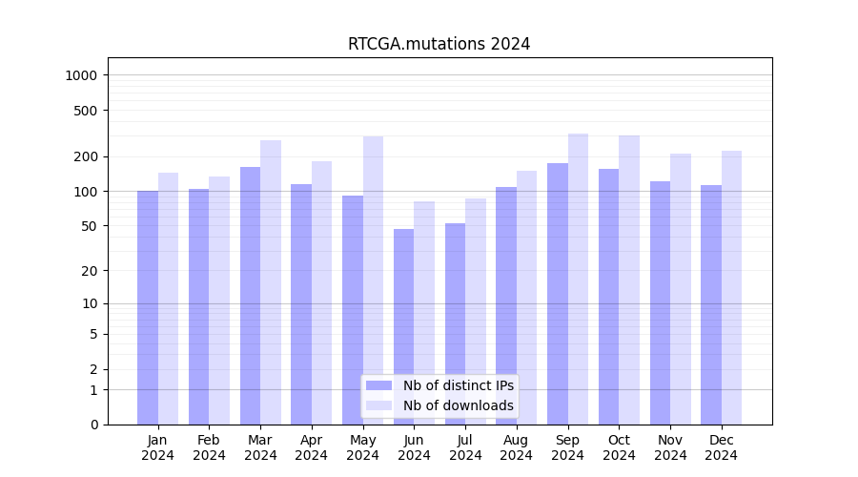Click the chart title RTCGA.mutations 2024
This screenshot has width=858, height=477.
(x=439, y=44)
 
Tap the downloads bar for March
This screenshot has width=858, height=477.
(x=271, y=282)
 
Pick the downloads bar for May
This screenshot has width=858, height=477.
(x=373, y=280)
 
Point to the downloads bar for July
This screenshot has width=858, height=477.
(x=476, y=311)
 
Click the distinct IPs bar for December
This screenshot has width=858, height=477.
(x=711, y=304)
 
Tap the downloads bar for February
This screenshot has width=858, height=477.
(x=219, y=301)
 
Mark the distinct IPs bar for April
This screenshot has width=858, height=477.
(x=301, y=304)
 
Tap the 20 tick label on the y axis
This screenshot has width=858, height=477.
(x=91, y=271)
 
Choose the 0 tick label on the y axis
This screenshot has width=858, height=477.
(x=93, y=425)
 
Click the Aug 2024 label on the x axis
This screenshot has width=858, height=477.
(x=517, y=447)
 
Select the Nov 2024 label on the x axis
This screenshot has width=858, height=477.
(x=670, y=447)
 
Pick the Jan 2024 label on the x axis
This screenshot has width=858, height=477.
(x=158, y=447)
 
